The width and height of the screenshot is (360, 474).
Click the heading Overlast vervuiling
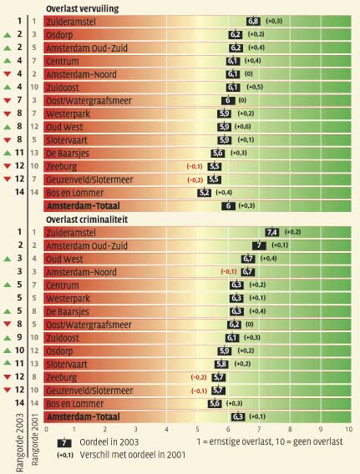pos(83,9)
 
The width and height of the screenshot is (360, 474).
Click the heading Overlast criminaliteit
pos(87,219)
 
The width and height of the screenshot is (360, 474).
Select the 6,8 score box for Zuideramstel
pos(253,21)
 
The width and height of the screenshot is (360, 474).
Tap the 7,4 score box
pos(272,232)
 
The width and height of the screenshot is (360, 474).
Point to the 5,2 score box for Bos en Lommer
pos(204,193)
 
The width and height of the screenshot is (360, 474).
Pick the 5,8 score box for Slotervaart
pos(221,364)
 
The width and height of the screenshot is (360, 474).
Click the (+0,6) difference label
pos(242,127)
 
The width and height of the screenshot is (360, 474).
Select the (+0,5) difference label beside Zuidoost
pos(255,87)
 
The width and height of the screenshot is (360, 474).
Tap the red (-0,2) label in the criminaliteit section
pos(199,377)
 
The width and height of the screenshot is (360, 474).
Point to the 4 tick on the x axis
pos(166,429)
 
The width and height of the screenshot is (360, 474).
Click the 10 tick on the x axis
pos(349,429)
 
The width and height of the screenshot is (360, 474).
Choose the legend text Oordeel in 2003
pos(109,442)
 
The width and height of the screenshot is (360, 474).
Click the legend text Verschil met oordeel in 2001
pos(133,455)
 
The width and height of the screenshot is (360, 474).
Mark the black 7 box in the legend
pos(64,443)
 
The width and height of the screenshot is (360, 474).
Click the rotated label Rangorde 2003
pos(20,442)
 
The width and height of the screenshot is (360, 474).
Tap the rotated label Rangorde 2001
pos(34,439)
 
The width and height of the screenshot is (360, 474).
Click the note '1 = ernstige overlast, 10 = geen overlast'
pos(270,442)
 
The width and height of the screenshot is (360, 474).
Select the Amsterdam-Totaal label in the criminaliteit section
pos(84,417)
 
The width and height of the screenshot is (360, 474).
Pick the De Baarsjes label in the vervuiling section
pos(68,154)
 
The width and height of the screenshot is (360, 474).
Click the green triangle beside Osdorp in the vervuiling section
pos(8,35)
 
